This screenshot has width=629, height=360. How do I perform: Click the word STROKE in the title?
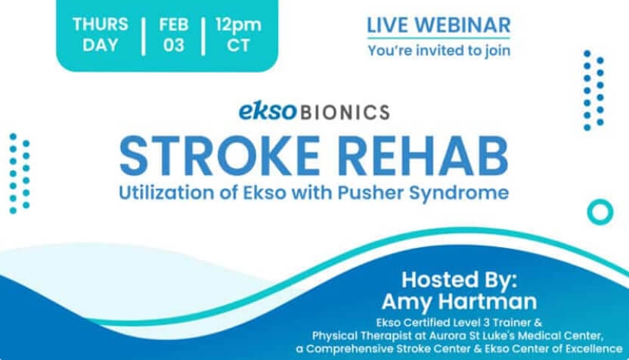pyautogui.click(x=219, y=156)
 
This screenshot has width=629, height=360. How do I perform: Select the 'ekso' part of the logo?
pyautogui.click(x=268, y=111)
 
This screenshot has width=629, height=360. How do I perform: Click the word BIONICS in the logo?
pyautogui.click(x=345, y=113)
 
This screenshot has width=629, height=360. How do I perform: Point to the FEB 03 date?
pyautogui.click(x=174, y=35)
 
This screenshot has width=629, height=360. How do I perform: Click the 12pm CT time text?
pyautogui.click(x=238, y=35)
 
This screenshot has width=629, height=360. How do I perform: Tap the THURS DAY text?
pyautogui.click(x=101, y=35)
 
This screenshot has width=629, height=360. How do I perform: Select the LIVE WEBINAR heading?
pyautogui.click(x=438, y=25)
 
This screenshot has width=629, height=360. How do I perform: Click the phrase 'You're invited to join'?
pyautogui.click(x=439, y=51)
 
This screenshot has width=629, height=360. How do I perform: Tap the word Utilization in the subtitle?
pyautogui.click(x=167, y=193)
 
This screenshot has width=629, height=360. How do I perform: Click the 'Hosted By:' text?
pyautogui.click(x=460, y=280)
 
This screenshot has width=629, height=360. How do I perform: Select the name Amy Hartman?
pyautogui.click(x=460, y=302)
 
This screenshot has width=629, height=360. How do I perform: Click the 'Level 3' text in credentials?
pyautogui.click(x=473, y=323)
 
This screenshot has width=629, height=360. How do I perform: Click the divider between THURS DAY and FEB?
pyautogui.click(x=144, y=36)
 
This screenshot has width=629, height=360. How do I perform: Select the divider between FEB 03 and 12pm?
pyautogui.click(x=203, y=36)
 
